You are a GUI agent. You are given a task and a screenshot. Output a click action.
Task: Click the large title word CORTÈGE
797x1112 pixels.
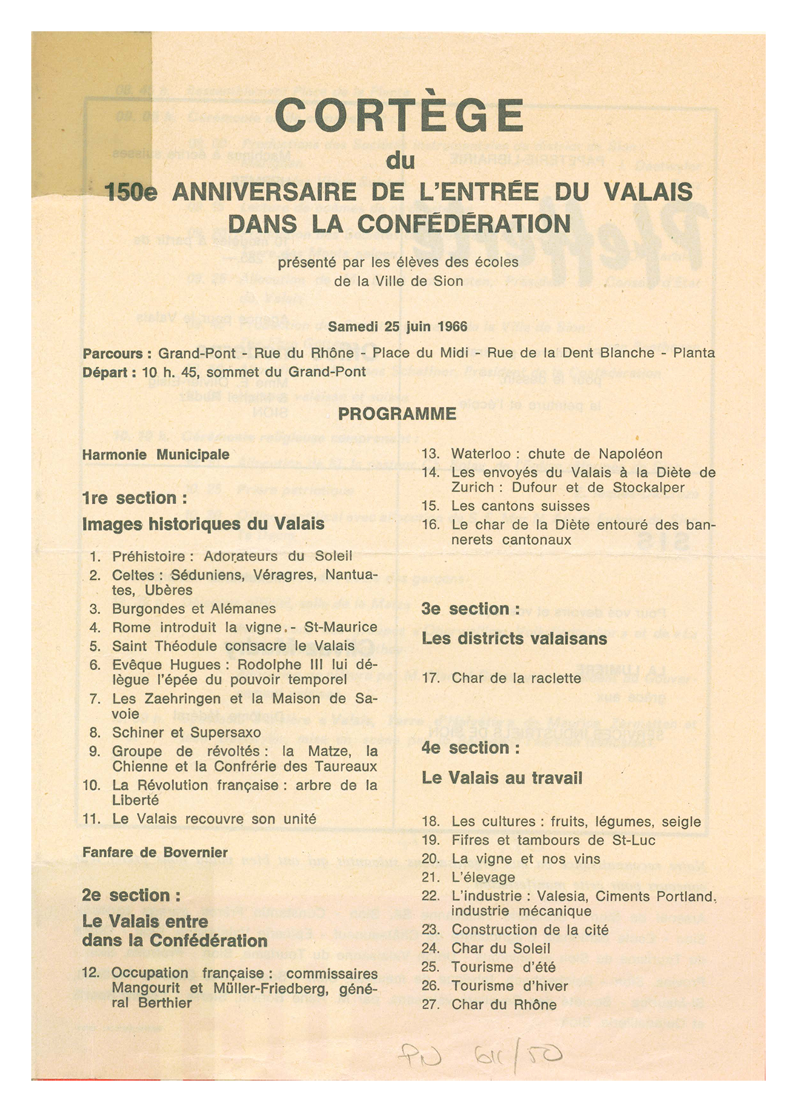[398, 116]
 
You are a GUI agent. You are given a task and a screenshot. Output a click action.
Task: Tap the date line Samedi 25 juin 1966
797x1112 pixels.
[398, 326]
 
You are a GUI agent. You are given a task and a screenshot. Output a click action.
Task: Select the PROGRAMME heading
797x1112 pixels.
[397, 414]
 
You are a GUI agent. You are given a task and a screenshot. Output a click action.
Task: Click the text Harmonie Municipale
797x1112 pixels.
[156, 454]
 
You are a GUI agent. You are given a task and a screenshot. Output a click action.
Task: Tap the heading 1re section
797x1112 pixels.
[130, 498]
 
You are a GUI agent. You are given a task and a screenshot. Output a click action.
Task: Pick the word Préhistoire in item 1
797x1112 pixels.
[153, 556]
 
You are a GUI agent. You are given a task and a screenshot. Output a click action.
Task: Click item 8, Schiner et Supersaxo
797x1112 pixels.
[187, 732]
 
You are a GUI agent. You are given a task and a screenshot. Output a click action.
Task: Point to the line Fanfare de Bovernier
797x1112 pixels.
[155, 853]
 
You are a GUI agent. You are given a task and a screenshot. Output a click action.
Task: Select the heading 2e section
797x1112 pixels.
[131, 896]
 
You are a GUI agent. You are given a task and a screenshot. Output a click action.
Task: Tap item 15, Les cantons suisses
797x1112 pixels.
[520, 506]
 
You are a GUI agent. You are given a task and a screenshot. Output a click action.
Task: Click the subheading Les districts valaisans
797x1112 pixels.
[514, 638]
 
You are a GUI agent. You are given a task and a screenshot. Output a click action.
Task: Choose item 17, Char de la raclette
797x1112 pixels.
[516, 678]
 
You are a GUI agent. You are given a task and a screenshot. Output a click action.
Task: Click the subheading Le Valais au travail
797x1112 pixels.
[501, 778]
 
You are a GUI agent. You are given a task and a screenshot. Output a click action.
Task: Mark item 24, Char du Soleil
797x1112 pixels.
[501, 948]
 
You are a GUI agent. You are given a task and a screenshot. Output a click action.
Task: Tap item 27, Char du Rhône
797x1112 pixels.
[504, 1005]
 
